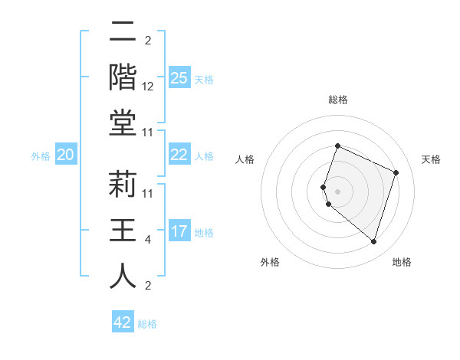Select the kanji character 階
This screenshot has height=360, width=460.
pos(123,77)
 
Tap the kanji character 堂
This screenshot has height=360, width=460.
pos(123,123)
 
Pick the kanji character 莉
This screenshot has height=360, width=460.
pos(123,185)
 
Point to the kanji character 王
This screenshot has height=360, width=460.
pos(123,231)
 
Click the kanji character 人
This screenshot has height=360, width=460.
pos(123,277)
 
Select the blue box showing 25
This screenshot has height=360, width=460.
pos(179,78)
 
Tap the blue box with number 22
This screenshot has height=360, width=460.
pos(179,155)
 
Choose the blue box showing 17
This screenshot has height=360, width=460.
pos(179,231)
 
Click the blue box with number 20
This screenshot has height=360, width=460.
pos(65,155)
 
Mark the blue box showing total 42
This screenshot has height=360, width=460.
pos(123,322)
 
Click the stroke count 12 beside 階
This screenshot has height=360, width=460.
pos(148,86)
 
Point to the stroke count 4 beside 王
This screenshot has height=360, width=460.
pos(148,240)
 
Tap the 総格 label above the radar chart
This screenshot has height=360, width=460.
pos(337,100)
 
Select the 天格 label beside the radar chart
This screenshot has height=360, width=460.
pos(431,159)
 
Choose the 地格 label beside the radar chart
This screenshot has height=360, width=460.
pos(402,263)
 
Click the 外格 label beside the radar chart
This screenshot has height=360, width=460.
pos(270,263)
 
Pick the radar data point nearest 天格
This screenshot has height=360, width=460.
pos(396,172)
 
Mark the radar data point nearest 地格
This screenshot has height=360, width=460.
pos(373,241)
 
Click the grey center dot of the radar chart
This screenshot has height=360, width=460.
pos(337,191)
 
